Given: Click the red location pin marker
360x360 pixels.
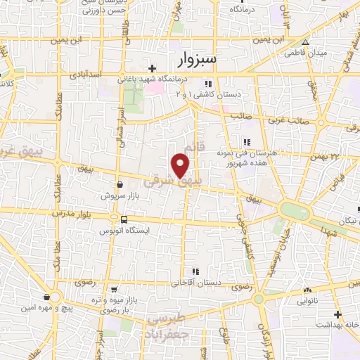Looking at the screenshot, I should (181, 166).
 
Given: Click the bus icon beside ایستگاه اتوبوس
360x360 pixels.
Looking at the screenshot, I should (124, 219).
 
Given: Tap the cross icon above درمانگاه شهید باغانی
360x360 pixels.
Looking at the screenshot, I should (152, 68).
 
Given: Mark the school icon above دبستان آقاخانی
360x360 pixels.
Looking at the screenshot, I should (195, 271).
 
